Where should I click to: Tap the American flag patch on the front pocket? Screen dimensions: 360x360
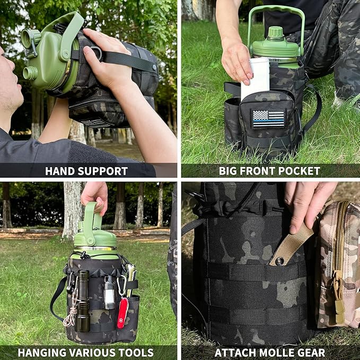[x=268, y=118]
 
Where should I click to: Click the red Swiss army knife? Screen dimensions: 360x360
[x=122, y=312]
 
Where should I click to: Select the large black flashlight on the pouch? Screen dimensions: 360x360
[x=83, y=300]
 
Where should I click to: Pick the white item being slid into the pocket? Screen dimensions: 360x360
[x=256, y=77]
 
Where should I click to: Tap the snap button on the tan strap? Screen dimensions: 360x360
[x=279, y=261]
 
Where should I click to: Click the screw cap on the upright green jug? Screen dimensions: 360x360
[x=275, y=32]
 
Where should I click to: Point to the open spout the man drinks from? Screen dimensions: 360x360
[x=30, y=73]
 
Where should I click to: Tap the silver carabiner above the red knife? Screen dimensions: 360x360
[x=121, y=286]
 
